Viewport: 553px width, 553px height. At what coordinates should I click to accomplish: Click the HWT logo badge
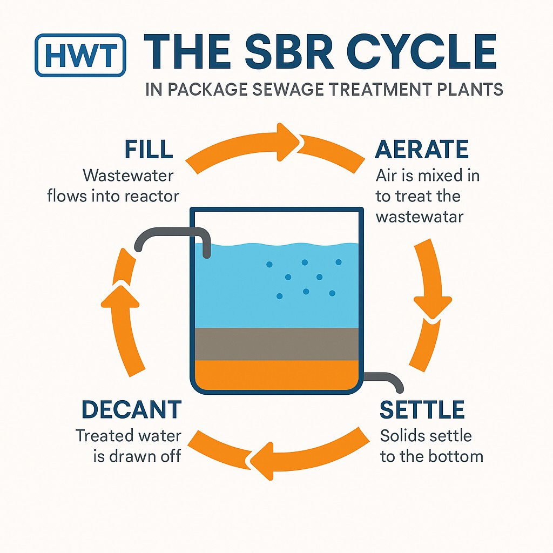point(80,55)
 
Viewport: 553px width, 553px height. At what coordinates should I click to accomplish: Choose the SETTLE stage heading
point(422,410)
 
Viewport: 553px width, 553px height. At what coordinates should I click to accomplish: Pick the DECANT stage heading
point(131,410)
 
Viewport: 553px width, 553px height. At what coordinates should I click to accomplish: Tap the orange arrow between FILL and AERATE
point(275,143)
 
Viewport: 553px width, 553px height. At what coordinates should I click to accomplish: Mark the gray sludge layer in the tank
point(275,343)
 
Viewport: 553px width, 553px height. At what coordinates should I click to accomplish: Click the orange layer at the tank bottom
point(275,374)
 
